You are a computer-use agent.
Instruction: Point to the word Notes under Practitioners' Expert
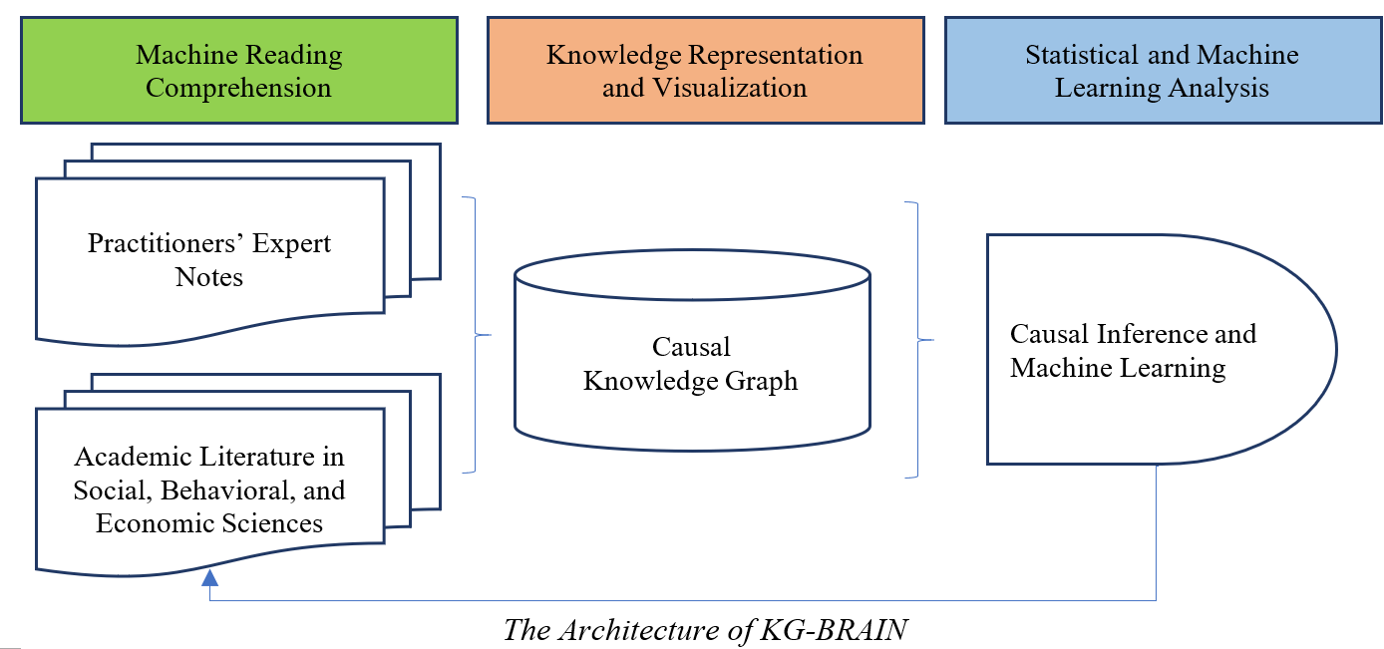pos(209,277)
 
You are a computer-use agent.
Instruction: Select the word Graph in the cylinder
pos(759,381)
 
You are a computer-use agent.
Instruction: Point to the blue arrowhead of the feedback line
pos(209,577)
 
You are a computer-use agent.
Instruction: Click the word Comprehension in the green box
pos(238,88)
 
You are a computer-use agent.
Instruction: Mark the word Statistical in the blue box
pos(1083,55)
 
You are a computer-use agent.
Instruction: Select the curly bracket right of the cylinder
pos(918,340)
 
